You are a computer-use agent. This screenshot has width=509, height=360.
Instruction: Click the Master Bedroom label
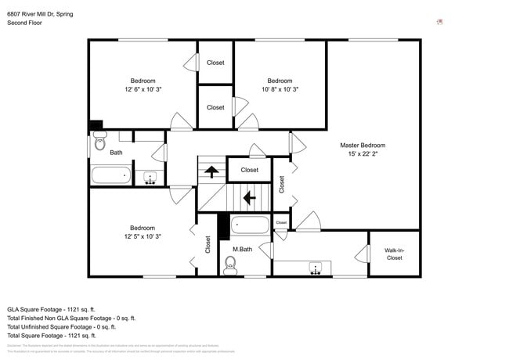(362, 145)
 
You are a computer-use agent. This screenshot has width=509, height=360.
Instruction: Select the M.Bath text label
(242, 250)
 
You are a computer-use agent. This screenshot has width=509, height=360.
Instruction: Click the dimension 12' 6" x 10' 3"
(143, 89)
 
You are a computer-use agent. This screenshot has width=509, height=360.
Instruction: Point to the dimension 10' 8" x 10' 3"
(280, 89)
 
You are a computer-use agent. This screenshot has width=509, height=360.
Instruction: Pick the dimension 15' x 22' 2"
(363, 154)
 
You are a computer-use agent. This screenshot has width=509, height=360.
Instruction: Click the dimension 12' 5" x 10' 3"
(142, 236)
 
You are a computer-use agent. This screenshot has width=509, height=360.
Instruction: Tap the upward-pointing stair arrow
(211, 170)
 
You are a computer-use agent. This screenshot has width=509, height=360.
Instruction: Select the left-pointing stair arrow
(250, 198)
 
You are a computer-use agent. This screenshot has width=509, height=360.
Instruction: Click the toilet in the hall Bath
(99, 143)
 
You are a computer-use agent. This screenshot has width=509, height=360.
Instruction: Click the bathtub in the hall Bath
(110, 175)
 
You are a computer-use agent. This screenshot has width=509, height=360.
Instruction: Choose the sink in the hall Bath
(148, 178)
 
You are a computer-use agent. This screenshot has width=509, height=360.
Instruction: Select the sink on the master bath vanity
(316, 268)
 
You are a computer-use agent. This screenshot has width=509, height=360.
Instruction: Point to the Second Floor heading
(24, 23)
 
